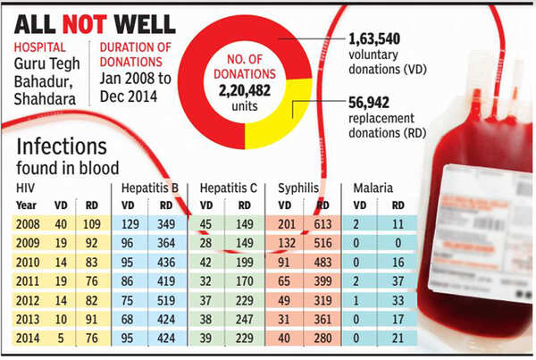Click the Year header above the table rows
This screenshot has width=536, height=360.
(29, 206)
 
